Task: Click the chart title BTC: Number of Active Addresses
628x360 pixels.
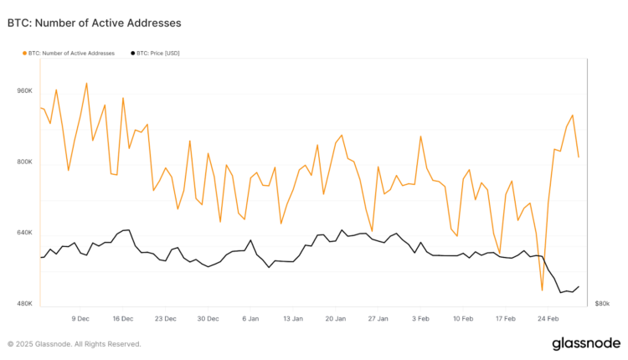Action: [94, 23]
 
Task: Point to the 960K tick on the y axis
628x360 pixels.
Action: [23, 90]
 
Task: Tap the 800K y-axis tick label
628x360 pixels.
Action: [23, 162]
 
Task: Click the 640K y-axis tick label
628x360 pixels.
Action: [23, 233]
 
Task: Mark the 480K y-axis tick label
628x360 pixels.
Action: [23, 303]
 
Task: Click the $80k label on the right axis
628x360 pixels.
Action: [602, 303]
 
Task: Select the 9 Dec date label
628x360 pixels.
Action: [80, 319]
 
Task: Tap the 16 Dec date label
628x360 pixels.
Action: [123, 319]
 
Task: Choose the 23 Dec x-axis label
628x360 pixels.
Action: [166, 319]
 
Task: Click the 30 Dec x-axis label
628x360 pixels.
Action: [208, 319]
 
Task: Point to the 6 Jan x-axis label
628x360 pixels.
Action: [250, 319]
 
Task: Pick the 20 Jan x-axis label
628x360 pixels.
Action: [336, 319]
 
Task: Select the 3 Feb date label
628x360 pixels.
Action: [420, 319]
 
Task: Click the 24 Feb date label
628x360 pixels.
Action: [548, 319]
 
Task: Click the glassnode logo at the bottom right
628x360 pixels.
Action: [585, 343]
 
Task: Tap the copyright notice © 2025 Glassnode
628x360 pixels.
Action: [74, 344]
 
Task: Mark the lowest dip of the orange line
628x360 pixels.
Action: [542, 291]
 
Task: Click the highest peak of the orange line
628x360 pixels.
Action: [86, 83]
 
